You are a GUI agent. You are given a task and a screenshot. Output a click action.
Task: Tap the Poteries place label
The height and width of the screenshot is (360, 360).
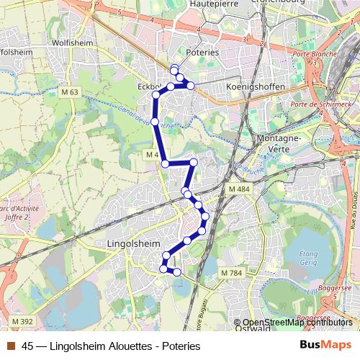click(202, 53)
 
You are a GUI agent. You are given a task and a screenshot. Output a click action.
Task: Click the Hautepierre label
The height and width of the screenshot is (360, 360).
click(213, 4)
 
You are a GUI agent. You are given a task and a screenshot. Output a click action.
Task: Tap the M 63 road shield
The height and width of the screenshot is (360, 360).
click(70, 92)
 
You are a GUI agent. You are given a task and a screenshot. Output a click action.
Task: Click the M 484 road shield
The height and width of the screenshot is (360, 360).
click(239, 189)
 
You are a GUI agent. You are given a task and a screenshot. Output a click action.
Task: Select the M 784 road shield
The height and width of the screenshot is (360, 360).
click(232, 273)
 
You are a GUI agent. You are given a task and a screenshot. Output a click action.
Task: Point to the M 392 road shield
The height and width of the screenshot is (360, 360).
click(22, 321)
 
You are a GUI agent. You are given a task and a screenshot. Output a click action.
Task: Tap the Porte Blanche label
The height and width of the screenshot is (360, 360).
click(310, 55)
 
